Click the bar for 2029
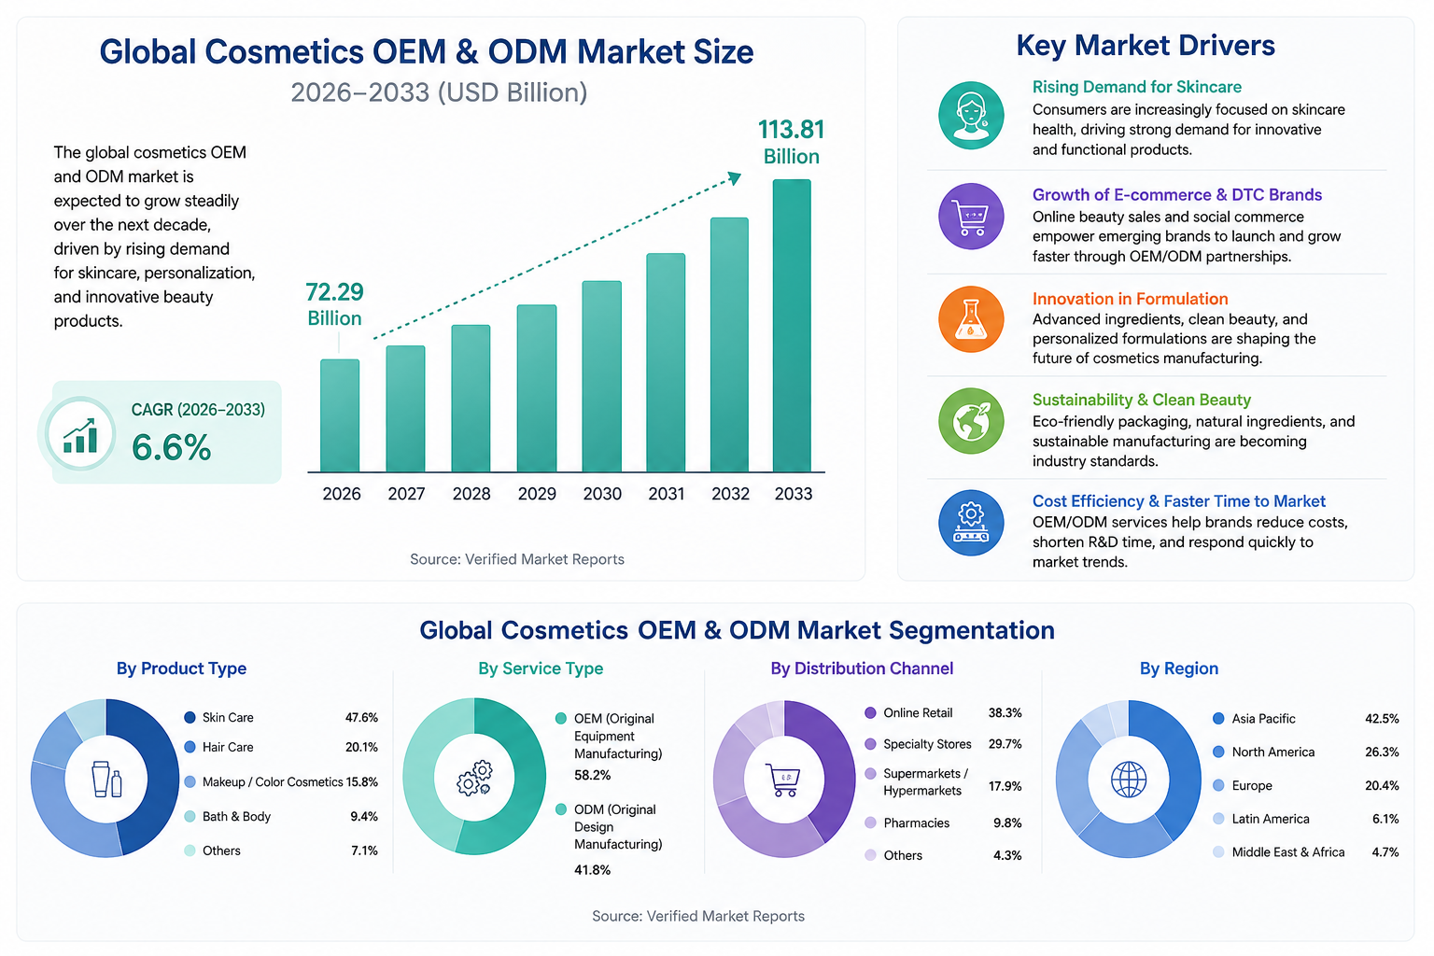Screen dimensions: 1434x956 pyautogui.click(x=537, y=388)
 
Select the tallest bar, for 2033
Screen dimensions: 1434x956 pyautogui.click(x=792, y=326)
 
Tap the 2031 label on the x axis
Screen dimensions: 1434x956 pyautogui.click(x=666, y=494)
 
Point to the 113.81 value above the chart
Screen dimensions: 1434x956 pyautogui.click(x=792, y=130)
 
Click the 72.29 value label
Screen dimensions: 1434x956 pyautogui.click(x=334, y=292)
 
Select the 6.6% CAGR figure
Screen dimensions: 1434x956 pyautogui.click(x=171, y=447)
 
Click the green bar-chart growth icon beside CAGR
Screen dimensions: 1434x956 pyautogui.click(x=80, y=435)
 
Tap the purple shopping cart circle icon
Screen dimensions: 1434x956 pyautogui.click(x=971, y=217)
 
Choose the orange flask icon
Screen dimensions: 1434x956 pyautogui.click(x=971, y=319)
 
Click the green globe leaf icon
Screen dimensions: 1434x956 pyautogui.click(x=971, y=421)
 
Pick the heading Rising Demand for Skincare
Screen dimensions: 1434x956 pyautogui.click(x=1136, y=87)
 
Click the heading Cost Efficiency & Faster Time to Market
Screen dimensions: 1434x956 pyautogui.click(x=1178, y=500)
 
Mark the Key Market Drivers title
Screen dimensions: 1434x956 pyautogui.click(x=1146, y=46)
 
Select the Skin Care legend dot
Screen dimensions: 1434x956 pyautogui.click(x=190, y=717)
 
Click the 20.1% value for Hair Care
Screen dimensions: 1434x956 pyautogui.click(x=361, y=747)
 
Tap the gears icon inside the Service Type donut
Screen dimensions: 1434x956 pyautogui.click(x=474, y=778)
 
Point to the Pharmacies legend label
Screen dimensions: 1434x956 pyautogui.click(x=916, y=822)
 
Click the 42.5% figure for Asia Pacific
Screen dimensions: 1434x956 pyautogui.click(x=1382, y=719)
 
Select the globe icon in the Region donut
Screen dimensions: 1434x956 pyautogui.click(x=1128, y=780)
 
